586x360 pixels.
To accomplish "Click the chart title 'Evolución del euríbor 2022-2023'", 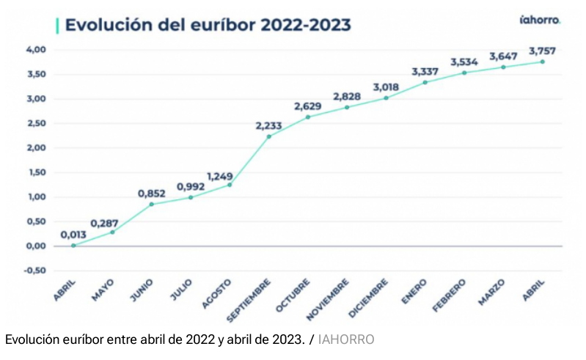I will (x=208, y=24).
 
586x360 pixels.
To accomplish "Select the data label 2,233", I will (x=269, y=125).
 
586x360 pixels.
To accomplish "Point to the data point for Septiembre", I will (x=269, y=136).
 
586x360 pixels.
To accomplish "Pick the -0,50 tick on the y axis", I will (x=35, y=271).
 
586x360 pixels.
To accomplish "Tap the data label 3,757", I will (x=543, y=51).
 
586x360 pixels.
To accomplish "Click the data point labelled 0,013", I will (x=73, y=245).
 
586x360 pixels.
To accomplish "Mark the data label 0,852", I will (x=153, y=194).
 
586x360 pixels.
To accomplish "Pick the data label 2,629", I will (x=308, y=106).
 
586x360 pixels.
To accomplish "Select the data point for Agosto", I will (x=230, y=185).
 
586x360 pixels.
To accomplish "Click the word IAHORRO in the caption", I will (x=346, y=339).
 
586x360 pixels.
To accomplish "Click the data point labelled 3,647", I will (x=503, y=67).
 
